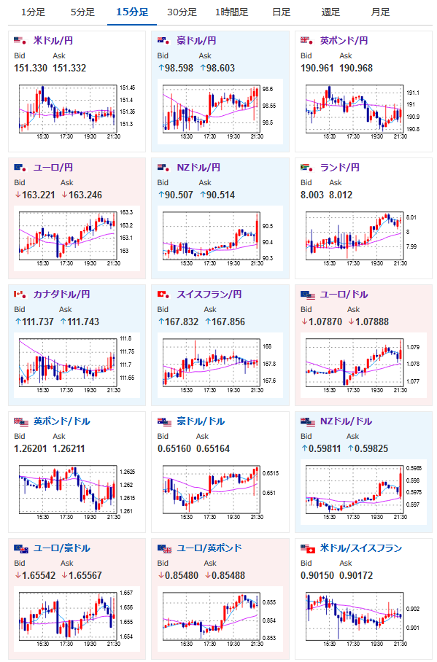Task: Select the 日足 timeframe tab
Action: (x=281, y=12)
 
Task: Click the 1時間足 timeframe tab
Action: (x=231, y=12)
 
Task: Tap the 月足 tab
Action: (x=380, y=12)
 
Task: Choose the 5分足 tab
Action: (x=82, y=12)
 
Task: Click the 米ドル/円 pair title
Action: (x=53, y=41)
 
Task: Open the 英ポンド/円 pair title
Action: (x=344, y=41)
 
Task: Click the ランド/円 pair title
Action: (x=340, y=168)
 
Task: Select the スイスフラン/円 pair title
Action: (x=209, y=295)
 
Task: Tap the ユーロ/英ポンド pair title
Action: (x=209, y=548)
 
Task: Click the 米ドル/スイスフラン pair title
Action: (x=361, y=548)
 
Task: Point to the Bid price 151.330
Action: (x=31, y=68)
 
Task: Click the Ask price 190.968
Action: (x=356, y=68)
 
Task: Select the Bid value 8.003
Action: (x=312, y=195)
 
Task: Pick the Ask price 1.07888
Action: (x=368, y=322)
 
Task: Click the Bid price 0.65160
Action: (x=174, y=449)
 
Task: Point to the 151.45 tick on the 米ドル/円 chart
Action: (x=127, y=87)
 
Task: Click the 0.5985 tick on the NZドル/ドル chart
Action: (x=414, y=468)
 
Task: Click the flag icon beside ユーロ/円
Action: (x=21, y=168)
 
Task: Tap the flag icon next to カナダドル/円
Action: (x=20, y=295)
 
